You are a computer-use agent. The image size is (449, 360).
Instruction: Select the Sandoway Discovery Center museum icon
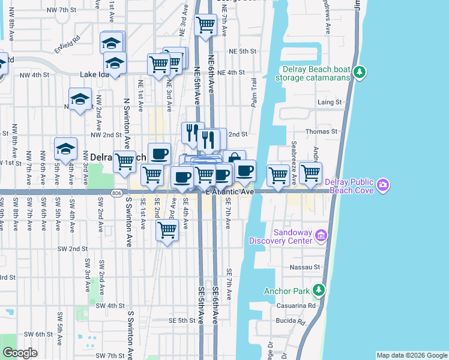(x=322, y=236)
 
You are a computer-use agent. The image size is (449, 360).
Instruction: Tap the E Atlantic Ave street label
(x=230, y=192)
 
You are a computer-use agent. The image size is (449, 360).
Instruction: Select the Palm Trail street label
(x=255, y=93)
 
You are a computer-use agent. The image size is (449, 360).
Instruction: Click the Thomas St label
(x=327, y=131)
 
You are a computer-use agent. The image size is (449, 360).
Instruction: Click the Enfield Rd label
(x=67, y=44)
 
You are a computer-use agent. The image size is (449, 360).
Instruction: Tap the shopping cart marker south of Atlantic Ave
(x=167, y=229)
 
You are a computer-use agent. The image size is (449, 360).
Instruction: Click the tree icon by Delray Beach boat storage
(x=360, y=72)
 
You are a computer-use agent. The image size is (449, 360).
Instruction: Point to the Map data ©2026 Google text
(x=411, y=355)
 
